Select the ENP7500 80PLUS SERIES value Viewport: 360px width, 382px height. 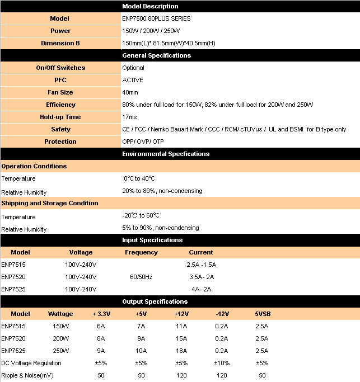point(156,18)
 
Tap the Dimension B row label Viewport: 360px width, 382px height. point(60,43)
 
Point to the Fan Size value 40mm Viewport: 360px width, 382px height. point(130,92)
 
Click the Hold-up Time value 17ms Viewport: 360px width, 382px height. point(129,117)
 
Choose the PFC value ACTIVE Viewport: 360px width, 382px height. point(133,80)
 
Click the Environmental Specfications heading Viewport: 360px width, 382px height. point(166,154)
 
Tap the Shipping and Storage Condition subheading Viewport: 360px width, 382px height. point(50,203)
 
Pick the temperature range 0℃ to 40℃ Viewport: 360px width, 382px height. point(139,178)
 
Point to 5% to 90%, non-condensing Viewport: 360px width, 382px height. point(161,228)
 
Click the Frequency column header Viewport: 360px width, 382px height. point(141,252)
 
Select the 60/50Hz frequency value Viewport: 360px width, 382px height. point(141,277)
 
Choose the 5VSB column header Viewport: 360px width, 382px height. point(263,314)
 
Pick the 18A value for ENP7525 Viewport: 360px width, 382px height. point(181,351)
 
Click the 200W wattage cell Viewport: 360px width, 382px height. point(61,338)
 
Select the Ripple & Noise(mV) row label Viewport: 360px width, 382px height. point(27,375)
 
